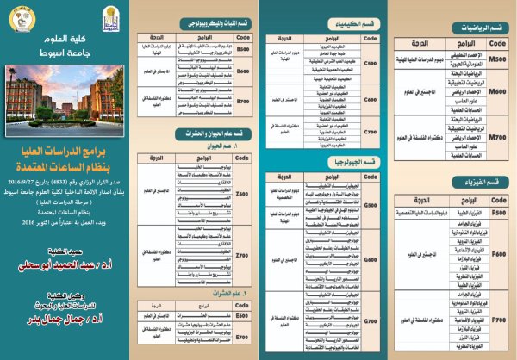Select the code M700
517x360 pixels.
pyautogui.click(x=497, y=136)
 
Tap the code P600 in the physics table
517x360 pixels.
pyautogui.click(x=498, y=252)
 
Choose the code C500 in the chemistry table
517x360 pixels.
pyautogui.click(x=371, y=65)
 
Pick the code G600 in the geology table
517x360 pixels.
pyautogui.click(x=371, y=259)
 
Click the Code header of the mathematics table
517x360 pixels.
pyautogui.click(x=497, y=41)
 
